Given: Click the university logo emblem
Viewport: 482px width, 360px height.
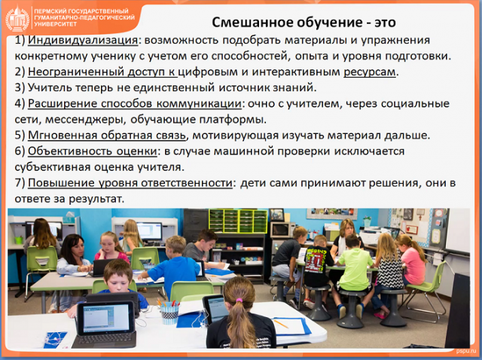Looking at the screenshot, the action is click(17, 18).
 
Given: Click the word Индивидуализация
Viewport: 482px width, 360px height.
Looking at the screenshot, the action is click(83, 40).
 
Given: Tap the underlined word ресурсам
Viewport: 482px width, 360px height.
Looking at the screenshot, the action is click(370, 72).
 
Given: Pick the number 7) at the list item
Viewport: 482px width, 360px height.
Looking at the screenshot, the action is click(20, 183).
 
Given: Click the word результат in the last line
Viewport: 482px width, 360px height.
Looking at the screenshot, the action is click(96, 199).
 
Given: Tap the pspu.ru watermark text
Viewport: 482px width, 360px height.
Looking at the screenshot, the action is click(464, 351).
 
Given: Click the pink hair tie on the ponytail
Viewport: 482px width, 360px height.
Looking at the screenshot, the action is click(239, 300).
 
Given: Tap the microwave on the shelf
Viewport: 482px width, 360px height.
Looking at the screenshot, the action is click(280, 230).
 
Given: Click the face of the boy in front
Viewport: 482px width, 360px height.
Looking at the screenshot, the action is click(118, 281).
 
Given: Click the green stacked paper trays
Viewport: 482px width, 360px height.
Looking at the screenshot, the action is click(238, 221).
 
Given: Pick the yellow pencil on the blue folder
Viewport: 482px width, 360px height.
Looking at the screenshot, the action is click(281, 324).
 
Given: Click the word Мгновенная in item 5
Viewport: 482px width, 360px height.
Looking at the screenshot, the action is click(63, 136).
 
